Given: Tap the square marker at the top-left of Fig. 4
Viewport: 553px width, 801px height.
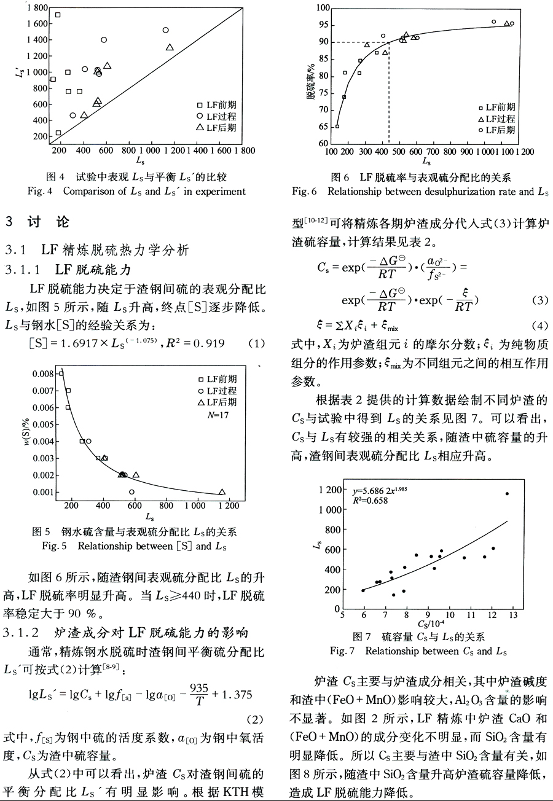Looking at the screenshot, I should coord(58,15).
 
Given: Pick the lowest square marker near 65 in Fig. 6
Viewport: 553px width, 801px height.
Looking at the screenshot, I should coord(337,126).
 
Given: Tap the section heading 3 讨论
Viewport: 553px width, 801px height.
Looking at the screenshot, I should coord(36,222).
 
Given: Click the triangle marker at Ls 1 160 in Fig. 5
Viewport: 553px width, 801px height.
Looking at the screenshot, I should coord(222,491).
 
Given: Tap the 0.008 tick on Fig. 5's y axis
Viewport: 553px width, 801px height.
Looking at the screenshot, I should coord(45,373).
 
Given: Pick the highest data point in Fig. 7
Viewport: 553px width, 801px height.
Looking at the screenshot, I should coord(507,493).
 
